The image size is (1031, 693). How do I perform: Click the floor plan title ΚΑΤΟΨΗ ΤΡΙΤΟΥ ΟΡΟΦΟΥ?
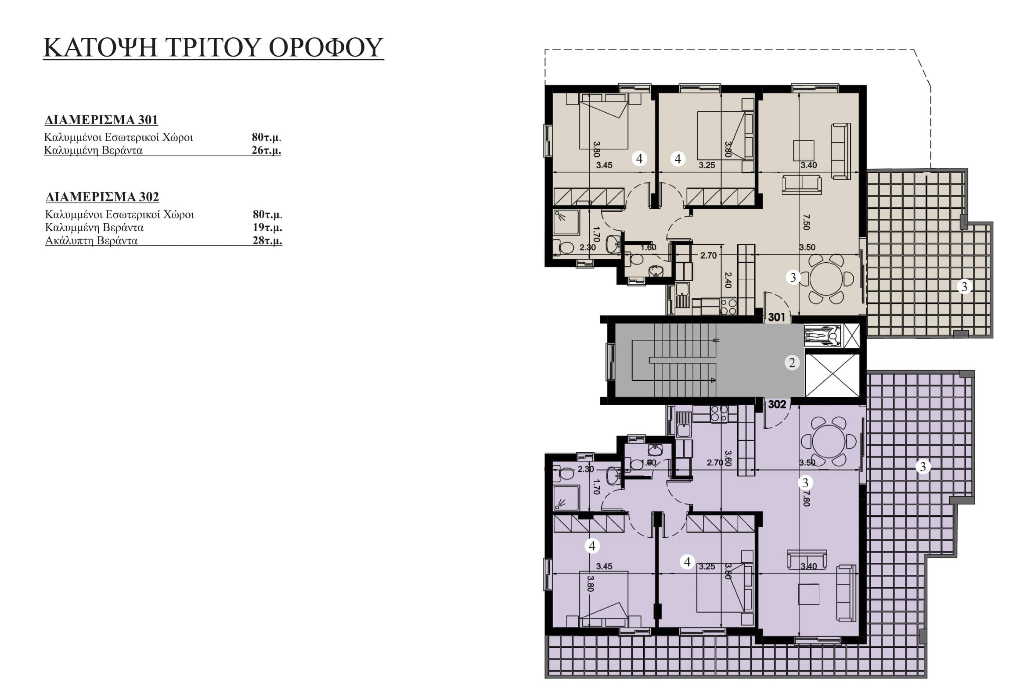tap(213, 47)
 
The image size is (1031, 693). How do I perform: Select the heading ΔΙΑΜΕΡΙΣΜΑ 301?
tap(101, 120)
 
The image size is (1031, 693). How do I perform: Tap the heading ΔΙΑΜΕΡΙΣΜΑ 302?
tap(102, 196)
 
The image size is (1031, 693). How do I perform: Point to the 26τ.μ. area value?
tap(267, 150)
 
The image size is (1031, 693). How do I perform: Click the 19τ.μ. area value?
tap(267, 228)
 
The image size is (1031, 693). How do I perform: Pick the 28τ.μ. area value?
tap(267, 241)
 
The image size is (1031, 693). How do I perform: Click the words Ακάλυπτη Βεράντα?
tap(91, 241)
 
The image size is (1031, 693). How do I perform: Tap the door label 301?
tap(777, 317)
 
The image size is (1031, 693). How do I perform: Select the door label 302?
tap(777, 404)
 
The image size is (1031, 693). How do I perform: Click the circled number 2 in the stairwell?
tap(792, 363)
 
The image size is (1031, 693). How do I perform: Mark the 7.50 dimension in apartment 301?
tap(806, 222)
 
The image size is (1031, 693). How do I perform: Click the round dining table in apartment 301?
tap(826, 279)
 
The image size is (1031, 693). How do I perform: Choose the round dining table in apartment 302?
tap(829, 442)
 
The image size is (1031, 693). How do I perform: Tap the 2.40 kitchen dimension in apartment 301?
tap(728, 280)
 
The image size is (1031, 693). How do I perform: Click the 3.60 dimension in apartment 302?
tap(728, 458)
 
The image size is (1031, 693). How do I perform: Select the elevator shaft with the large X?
tap(832, 375)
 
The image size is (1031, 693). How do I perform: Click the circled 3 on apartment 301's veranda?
tap(965, 286)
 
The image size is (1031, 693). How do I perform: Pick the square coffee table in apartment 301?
tap(804, 150)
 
